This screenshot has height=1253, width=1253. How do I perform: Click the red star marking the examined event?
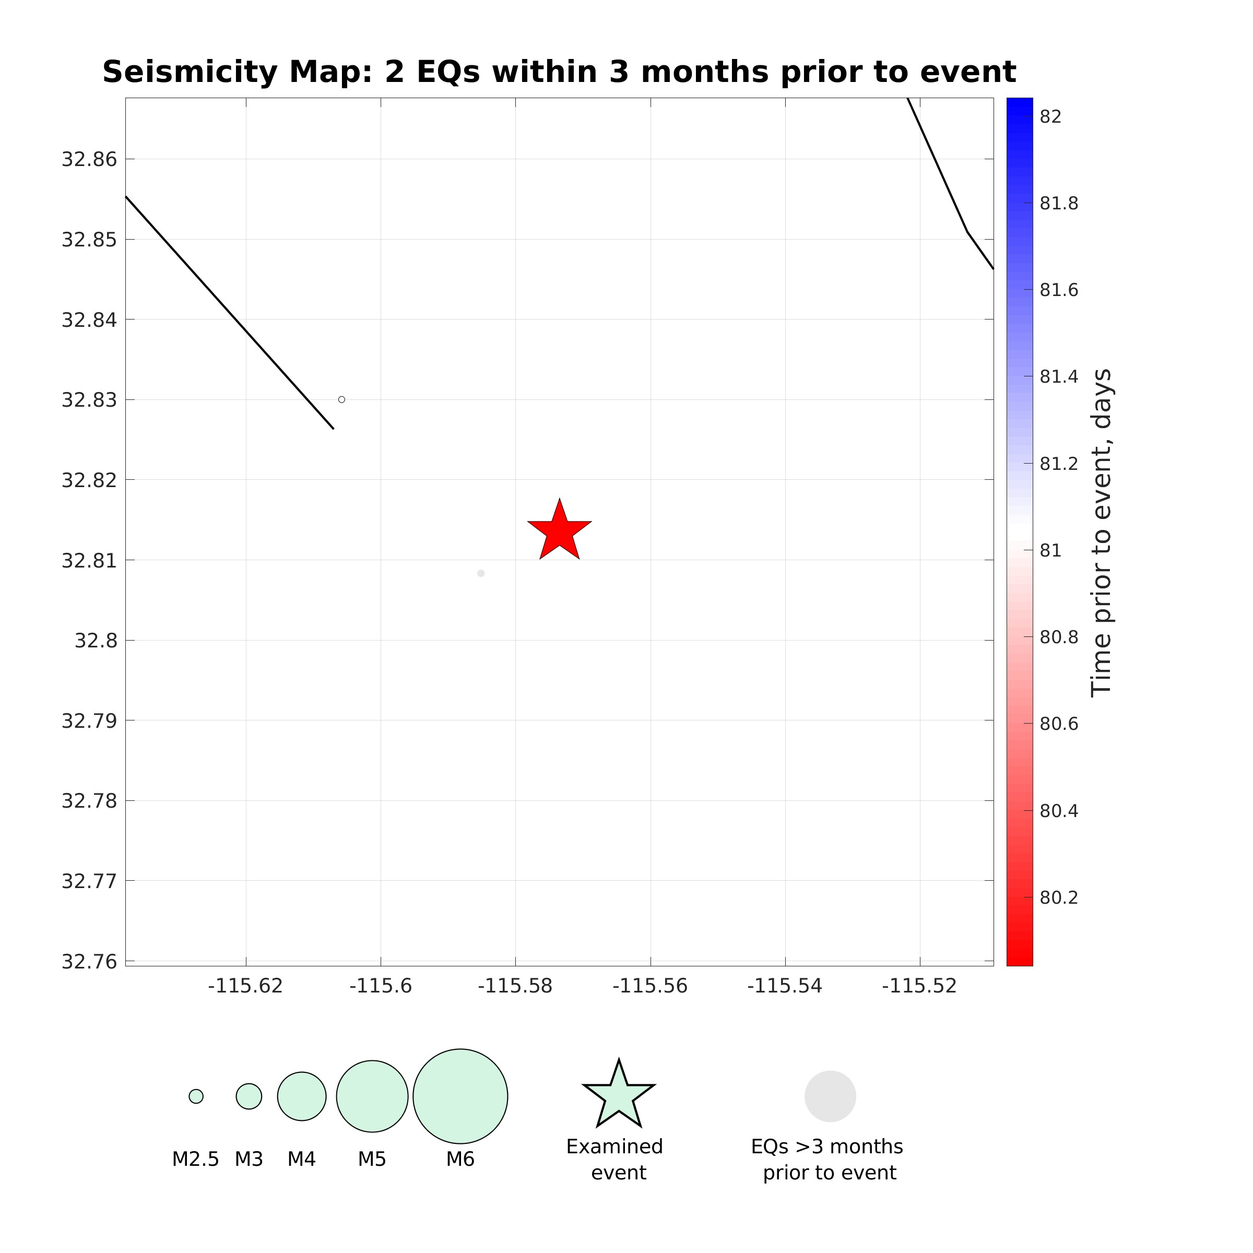559,531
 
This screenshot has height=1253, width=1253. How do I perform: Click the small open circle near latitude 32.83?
342,399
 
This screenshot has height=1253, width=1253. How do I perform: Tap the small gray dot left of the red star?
480,573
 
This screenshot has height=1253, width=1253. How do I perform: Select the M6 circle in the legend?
460,1096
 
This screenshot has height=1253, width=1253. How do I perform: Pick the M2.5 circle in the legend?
196,1096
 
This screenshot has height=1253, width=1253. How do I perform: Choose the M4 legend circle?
302,1096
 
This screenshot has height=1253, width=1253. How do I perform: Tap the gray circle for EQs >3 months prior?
830,1096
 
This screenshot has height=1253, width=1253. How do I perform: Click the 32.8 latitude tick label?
96,641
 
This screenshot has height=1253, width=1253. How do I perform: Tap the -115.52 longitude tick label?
919,986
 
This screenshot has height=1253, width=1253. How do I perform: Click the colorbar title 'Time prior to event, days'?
1101,532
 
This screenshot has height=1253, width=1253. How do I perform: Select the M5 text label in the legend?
372,1159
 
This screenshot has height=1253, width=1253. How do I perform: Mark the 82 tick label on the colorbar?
1050,117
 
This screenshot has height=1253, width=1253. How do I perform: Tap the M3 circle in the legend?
249,1096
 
